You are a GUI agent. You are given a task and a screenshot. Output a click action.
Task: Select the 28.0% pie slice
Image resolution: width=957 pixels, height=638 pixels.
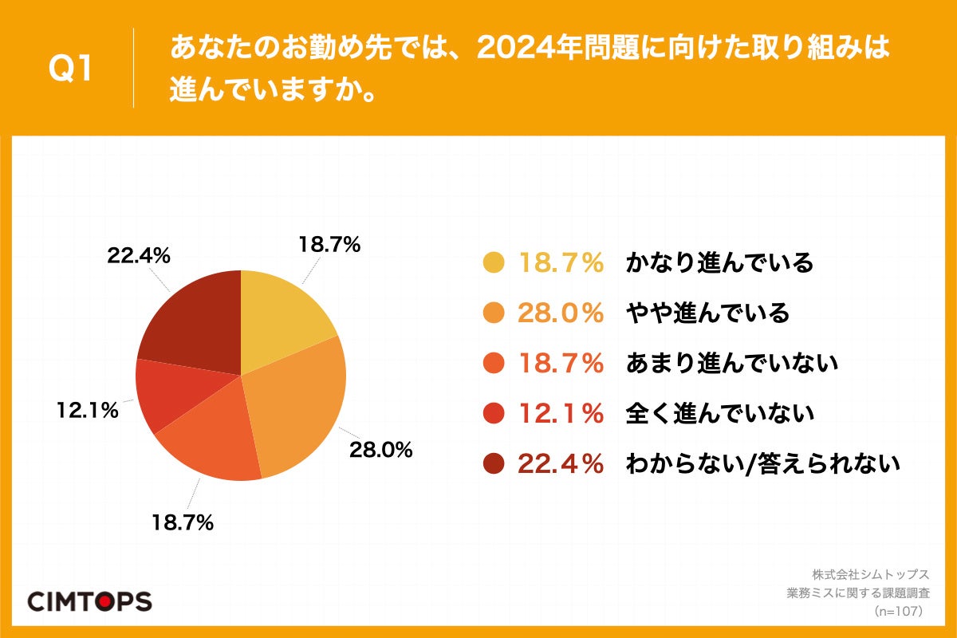[x=299, y=407]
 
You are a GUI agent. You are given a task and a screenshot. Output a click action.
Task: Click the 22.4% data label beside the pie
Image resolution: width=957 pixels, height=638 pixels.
[x=139, y=255]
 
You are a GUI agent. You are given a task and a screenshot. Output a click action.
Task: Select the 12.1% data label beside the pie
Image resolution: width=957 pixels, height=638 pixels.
[x=87, y=411]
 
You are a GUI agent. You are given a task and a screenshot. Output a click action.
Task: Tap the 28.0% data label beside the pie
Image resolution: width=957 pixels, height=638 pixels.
[x=380, y=450]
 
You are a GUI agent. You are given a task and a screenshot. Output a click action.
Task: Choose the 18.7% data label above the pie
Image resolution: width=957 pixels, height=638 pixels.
[x=329, y=245]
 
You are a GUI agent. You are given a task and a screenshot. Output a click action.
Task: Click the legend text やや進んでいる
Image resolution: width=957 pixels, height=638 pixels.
[x=707, y=313]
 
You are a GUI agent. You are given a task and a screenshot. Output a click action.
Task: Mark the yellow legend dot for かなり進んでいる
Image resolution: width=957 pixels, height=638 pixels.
[x=494, y=262]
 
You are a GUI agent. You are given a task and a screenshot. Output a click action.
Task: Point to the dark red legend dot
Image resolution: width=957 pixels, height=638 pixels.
[x=494, y=463]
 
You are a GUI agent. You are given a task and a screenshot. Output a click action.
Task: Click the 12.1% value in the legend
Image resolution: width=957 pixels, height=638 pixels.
[x=561, y=413]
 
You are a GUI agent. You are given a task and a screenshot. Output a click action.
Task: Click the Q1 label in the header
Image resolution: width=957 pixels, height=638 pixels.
[x=71, y=69]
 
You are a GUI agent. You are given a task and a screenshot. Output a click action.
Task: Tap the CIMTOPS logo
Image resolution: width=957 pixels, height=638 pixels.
[x=89, y=601]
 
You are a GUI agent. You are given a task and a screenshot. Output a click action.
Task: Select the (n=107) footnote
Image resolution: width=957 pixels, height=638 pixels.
[x=898, y=611]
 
